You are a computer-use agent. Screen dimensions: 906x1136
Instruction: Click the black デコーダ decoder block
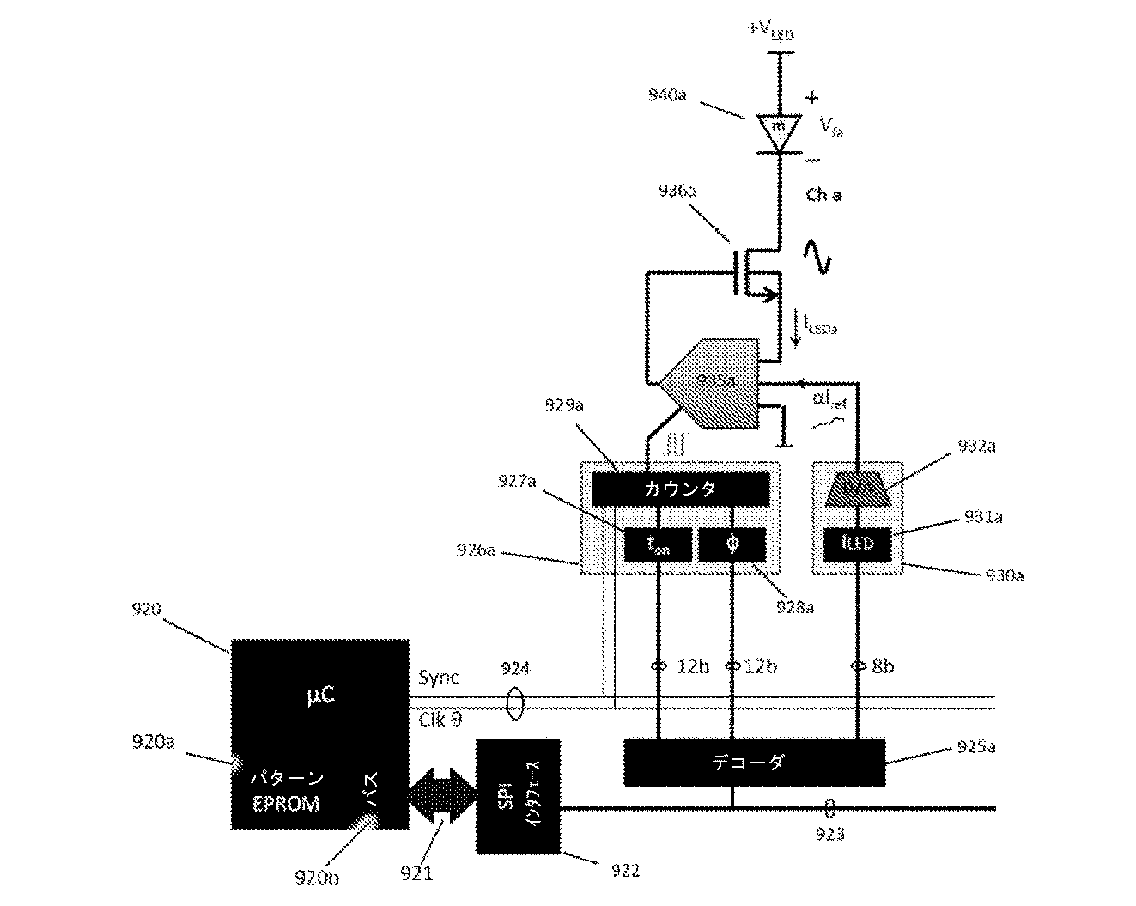[x=754, y=762]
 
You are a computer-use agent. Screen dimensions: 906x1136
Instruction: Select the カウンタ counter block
[x=680, y=489]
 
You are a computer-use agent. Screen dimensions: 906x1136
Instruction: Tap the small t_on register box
[x=657, y=545]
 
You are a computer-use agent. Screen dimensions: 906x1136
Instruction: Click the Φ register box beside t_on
[x=732, y=545]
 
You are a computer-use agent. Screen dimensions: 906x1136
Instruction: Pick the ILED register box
[x=856, y=544]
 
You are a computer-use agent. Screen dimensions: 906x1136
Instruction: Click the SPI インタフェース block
[x=518, y=795]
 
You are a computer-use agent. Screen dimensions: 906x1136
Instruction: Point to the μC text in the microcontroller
[x=319, y=694]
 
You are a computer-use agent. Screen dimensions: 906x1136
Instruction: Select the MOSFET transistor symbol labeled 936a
[x=756, y=273]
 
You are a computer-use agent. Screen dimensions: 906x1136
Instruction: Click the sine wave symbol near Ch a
[x=818, y=256]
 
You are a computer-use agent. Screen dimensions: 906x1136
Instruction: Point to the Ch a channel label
[x=823, y=196]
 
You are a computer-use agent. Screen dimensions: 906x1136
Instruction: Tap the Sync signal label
[x=439, y=678]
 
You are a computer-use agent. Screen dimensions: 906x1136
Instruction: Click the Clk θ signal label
[x=444, y=720]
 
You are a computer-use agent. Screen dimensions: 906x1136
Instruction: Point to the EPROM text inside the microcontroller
[x=285, y=804]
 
